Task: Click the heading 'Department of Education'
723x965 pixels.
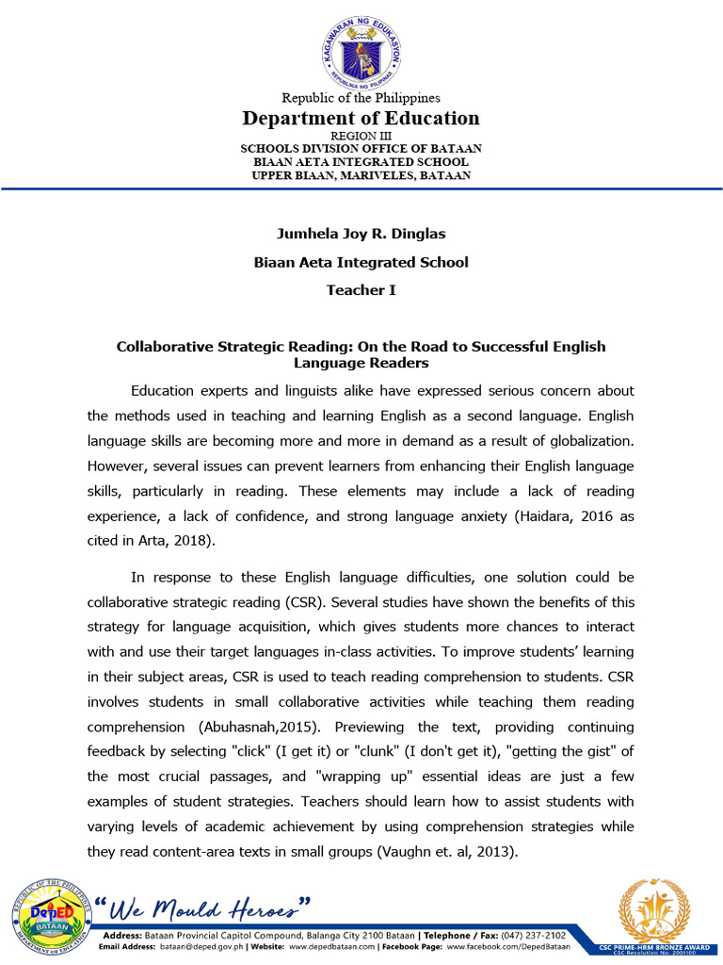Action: point(361,118)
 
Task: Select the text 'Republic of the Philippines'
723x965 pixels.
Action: point(361,98)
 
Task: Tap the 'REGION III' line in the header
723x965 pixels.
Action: point(361,136)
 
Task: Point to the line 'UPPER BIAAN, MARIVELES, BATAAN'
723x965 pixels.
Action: point(361,176)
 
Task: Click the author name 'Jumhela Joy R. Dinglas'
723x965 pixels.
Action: point(361,234)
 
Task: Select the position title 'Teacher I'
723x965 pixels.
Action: point(361,290)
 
